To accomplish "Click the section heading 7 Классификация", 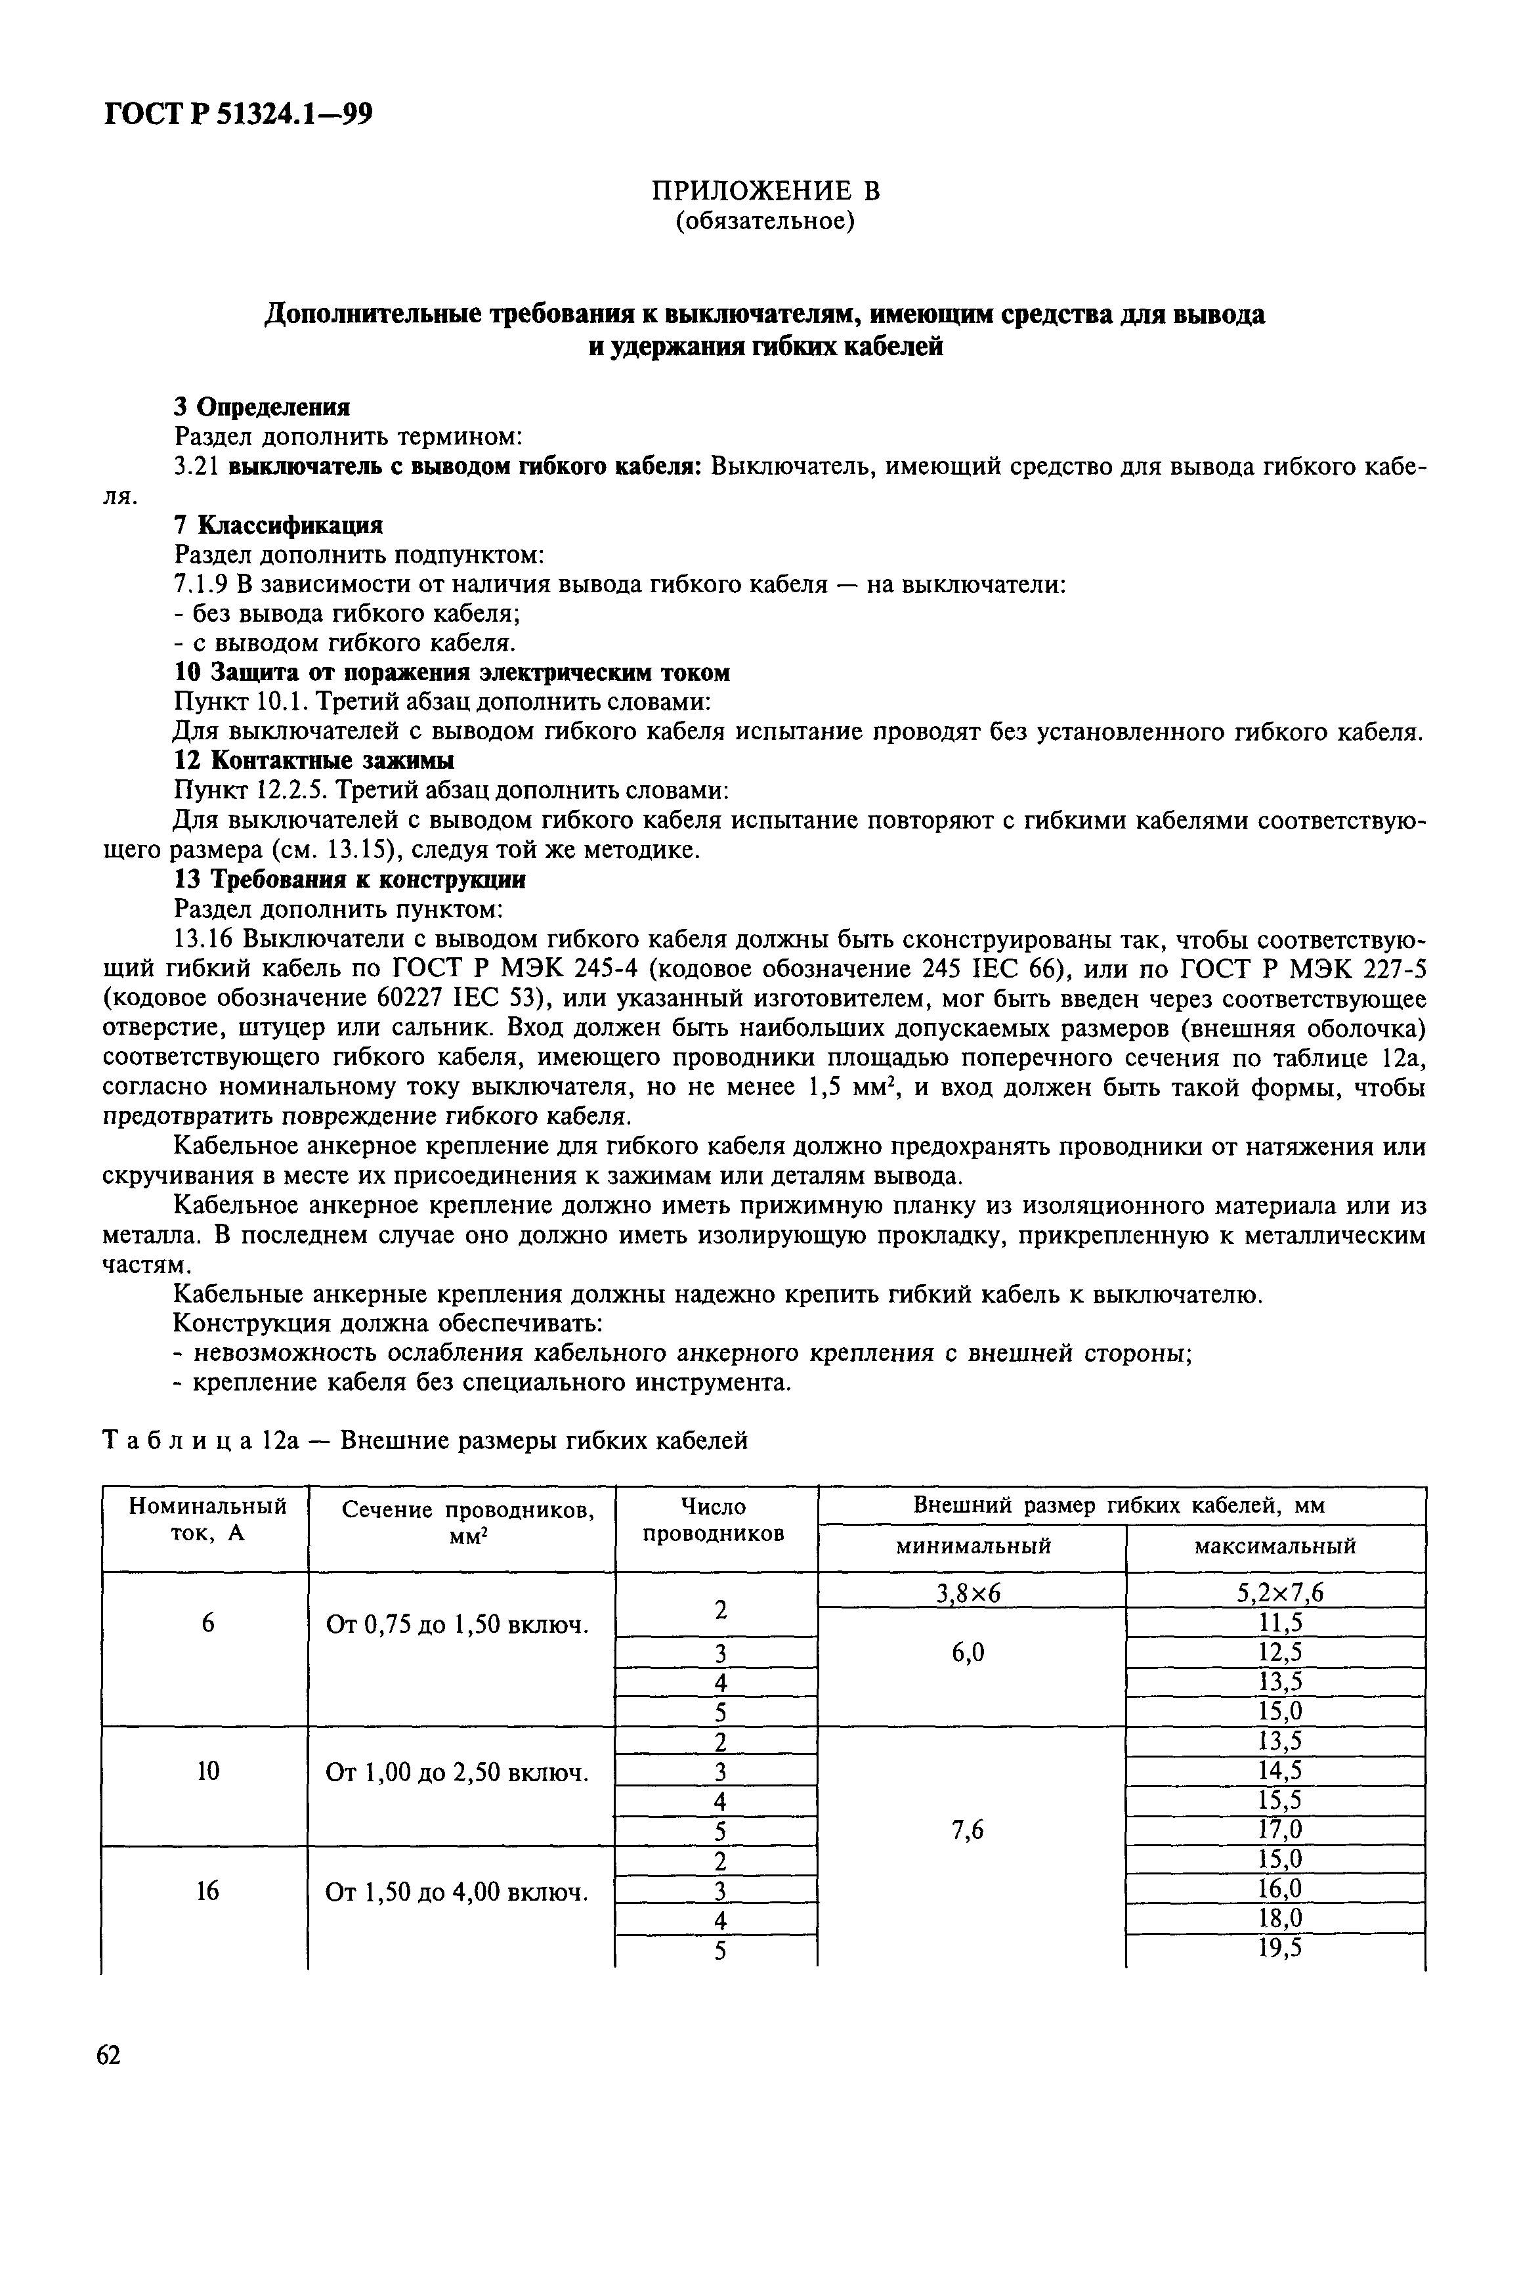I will pyautogui.click(x=278, y=525).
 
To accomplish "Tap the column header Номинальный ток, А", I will pyautogui.click(x=207, y=1520).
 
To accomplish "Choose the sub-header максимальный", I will pyautogui.click(x=1274, y=1547).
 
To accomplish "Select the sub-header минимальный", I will pyautogui.click(x=972, y=1547).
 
